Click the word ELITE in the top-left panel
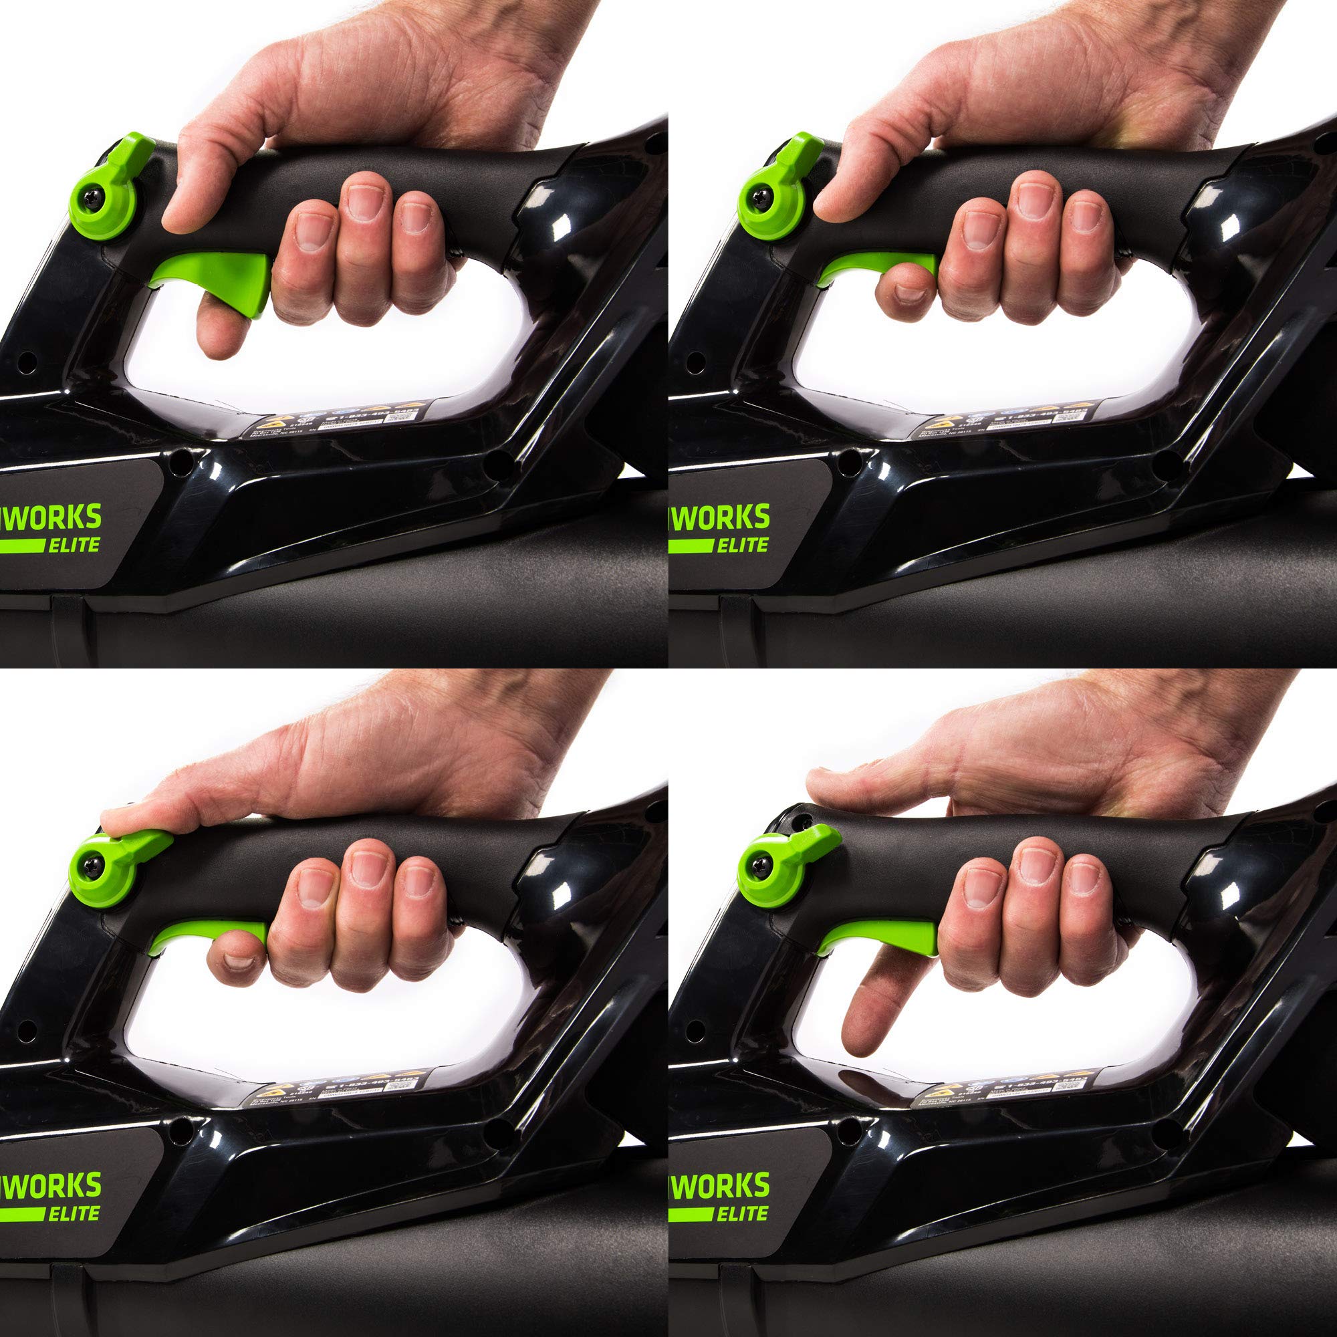pyautogui.click(x=74, y=545)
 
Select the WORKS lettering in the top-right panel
pyautogui.click(x=723, y=517)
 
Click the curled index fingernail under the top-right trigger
pyautogui.click(x=910, y=295)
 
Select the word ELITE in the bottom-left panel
pyautogui.click(x=74, y=1213)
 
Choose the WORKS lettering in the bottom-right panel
pyautogui.click(x=723, y=1185)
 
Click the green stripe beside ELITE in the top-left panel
pyautogui.click(x=21, y=546)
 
